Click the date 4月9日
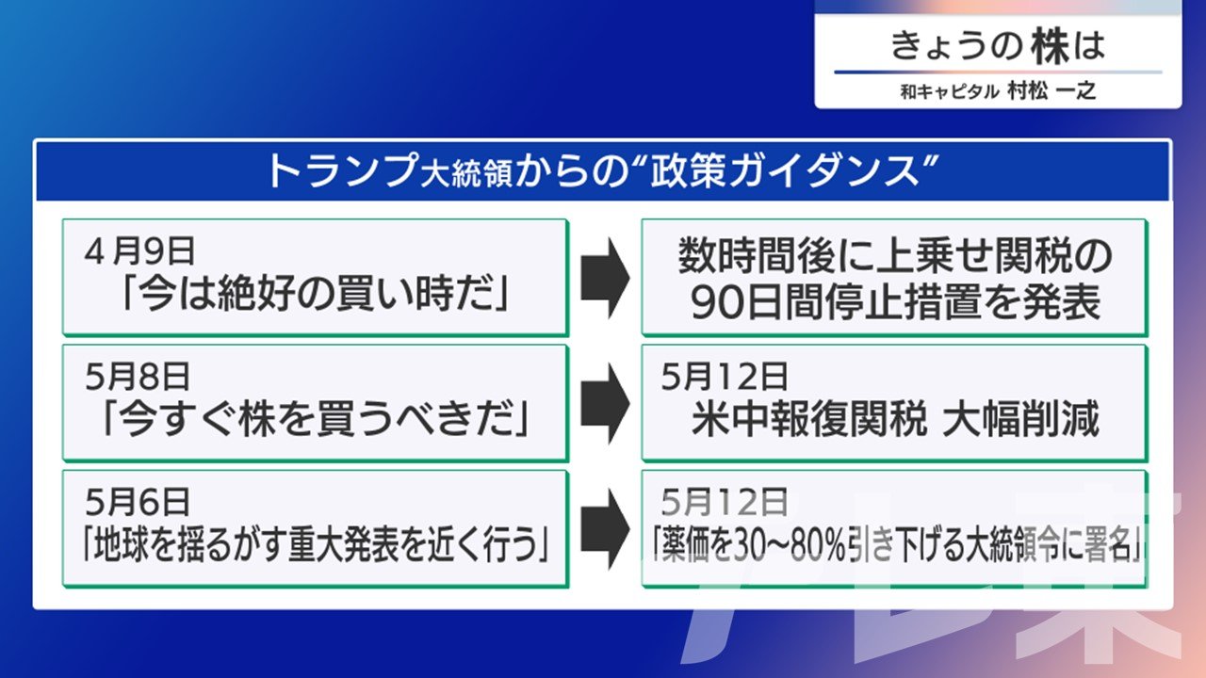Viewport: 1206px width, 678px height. pos(139,251)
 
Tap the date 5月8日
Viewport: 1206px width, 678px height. pos(138,377)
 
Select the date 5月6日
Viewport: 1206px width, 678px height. pos(138,502)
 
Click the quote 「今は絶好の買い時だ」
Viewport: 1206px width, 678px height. pos(316,296)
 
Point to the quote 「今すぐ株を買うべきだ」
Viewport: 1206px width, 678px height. pos(316,420)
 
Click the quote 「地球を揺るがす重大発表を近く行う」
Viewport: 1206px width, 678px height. pos(316,544)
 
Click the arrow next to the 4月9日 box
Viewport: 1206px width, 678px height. pos(605,278)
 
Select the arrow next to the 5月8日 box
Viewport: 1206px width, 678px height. pos(605,403)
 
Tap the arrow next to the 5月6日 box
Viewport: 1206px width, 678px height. pos(605,529)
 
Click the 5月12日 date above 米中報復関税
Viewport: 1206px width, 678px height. pos(725,377)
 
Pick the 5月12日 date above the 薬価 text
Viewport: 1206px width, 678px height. pos(725,502)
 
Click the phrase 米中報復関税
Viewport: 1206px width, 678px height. pos(809,420)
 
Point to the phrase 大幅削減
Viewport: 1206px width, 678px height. pos(1021,420)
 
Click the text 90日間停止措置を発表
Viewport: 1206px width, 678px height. pos(895,302)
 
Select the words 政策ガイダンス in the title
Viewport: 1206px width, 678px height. pos(785,171)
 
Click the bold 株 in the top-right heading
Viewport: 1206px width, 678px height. pos(1050,46)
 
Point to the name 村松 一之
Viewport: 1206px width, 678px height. pos(1051,91)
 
